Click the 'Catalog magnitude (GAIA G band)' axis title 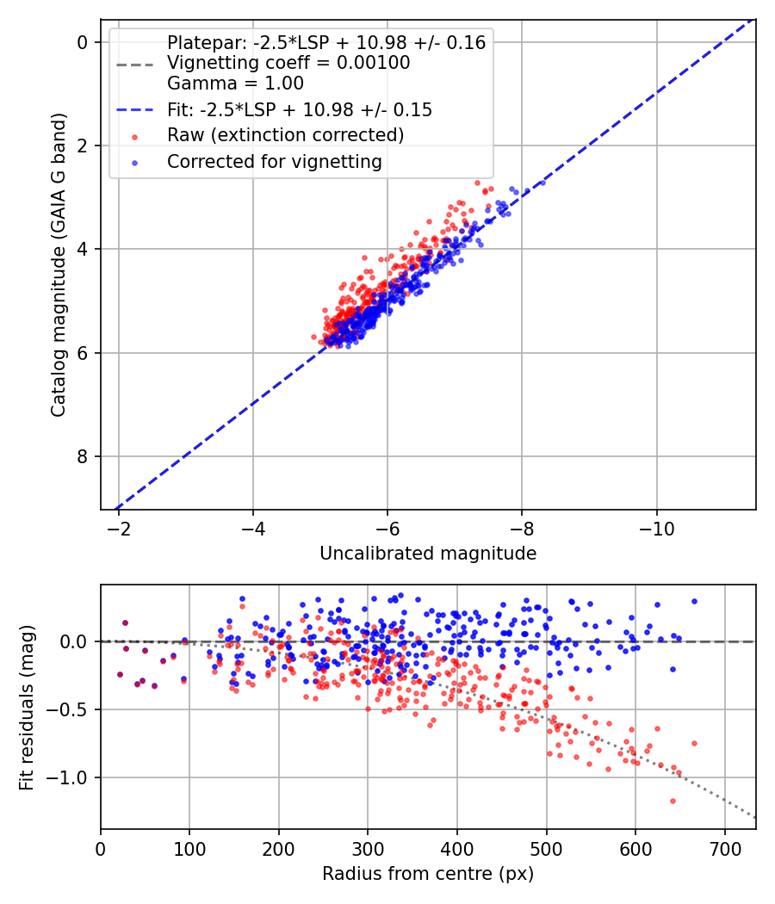click(x=59, y=265)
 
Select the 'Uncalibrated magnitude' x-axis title click(x=428, y=554)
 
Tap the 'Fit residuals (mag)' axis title click(x=27, y=708)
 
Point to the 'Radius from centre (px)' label click(x=428, y=874)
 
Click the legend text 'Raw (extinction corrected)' click(x=285, y=135)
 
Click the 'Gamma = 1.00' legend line click(x=235, y=84)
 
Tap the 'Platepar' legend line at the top click(x=326, y=43)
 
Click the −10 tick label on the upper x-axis click(x=657, y=529)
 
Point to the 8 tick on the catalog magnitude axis click(x=82, y=456)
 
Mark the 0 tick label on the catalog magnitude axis click(x=82, y=43)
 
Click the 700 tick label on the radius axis click(x=724, y=849)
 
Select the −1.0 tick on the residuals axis click(x=71, y=777)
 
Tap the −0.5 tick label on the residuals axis click(x=71, y=709)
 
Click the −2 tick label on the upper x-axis click(x=118, y=529)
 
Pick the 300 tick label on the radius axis click(x=368, y=849)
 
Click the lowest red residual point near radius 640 click(x=673, y=801)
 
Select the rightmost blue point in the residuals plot click(x=694, y=601)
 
